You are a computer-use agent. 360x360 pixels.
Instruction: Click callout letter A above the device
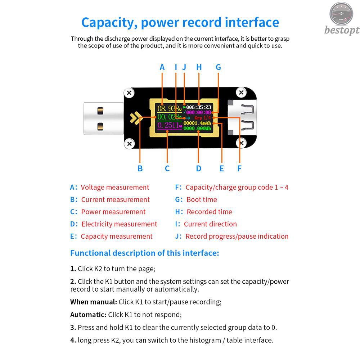click(162, 67)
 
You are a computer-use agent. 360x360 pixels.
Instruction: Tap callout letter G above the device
click(218, 67)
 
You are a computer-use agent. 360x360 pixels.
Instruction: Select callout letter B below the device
click(140, 168)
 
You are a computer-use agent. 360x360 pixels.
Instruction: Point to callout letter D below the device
click(199, 168)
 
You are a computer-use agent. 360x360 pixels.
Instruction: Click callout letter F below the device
click(239, 168)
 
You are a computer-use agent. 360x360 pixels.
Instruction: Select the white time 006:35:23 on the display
click(199, 107)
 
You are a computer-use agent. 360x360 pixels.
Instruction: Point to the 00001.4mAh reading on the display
click(197, 123)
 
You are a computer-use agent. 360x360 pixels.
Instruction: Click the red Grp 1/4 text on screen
click(202, 118)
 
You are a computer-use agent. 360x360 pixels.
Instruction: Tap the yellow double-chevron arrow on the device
click(135, 118)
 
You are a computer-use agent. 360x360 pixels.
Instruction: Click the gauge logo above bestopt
click(341, 14)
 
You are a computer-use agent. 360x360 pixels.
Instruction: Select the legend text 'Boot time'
click(202, 199)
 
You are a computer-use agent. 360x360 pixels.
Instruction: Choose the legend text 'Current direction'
click(210, 224)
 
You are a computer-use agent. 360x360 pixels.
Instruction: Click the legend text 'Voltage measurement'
click(115, 187)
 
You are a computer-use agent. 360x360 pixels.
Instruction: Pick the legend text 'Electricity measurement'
click(119, 224)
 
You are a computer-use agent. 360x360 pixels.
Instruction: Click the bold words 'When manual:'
click(94, 302)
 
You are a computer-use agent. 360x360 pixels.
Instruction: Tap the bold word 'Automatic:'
click(88, 315)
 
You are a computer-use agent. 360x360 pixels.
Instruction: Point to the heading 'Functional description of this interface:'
click(145, 253)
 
